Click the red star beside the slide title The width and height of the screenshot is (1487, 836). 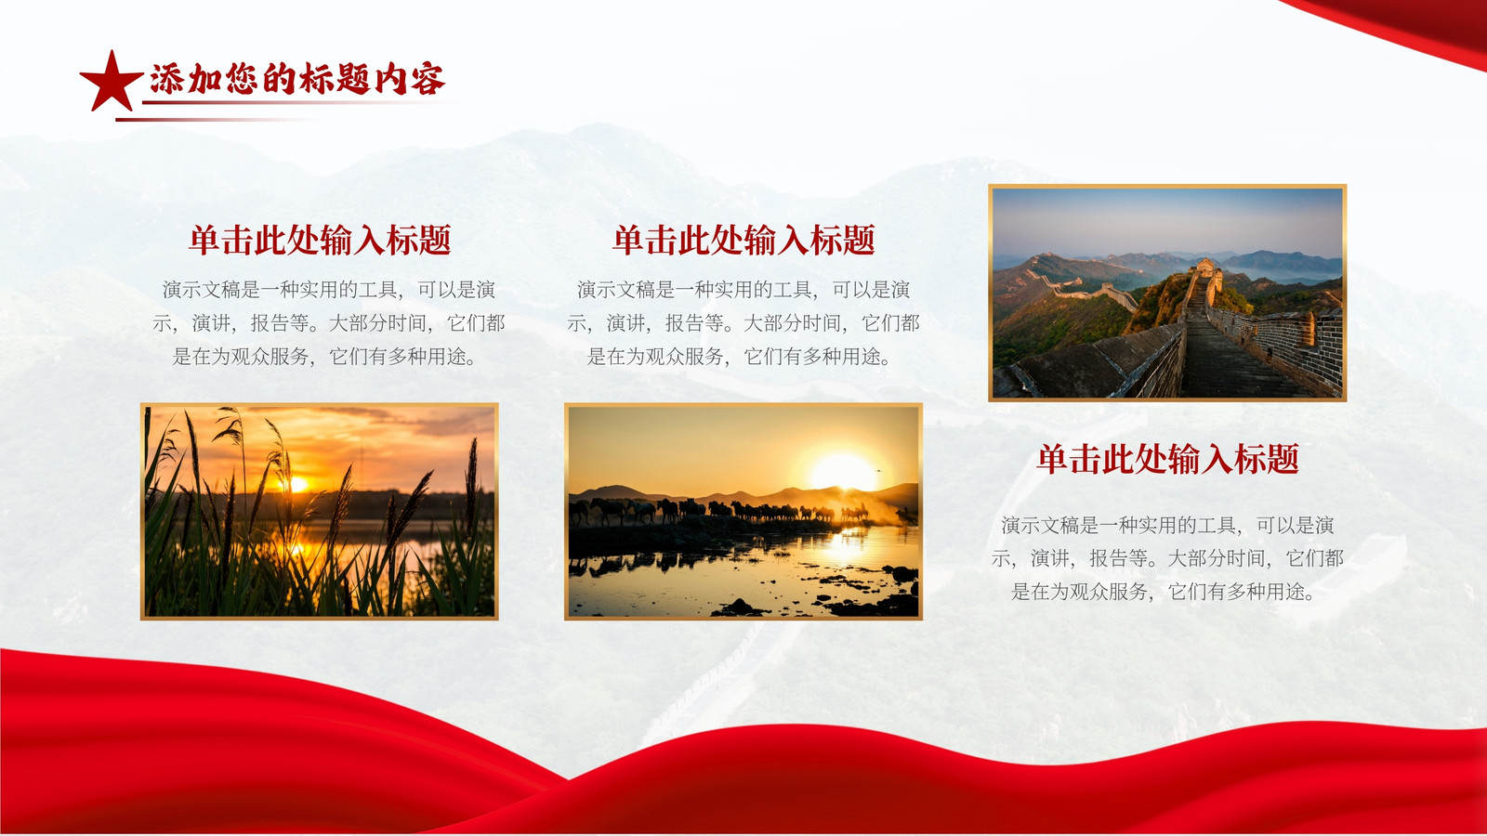111,82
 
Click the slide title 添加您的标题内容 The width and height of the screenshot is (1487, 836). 297,80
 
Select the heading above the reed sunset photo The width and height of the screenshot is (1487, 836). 320,240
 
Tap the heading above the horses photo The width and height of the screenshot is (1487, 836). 743,240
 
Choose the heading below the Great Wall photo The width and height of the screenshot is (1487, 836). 1167,459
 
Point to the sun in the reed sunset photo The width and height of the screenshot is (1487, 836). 298,484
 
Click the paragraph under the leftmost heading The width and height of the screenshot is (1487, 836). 328,323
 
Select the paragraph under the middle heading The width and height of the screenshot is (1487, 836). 743,323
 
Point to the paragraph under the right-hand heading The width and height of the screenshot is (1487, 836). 1167,558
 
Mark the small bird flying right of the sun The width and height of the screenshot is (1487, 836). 878,470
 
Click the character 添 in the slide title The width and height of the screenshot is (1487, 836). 166,80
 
